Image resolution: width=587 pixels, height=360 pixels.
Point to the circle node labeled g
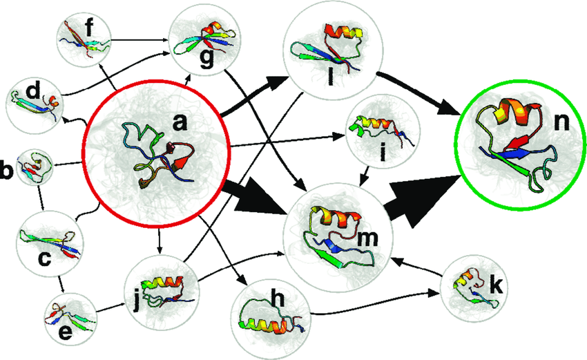[200, 40]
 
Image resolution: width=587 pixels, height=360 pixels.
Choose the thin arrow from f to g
[138, 41]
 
